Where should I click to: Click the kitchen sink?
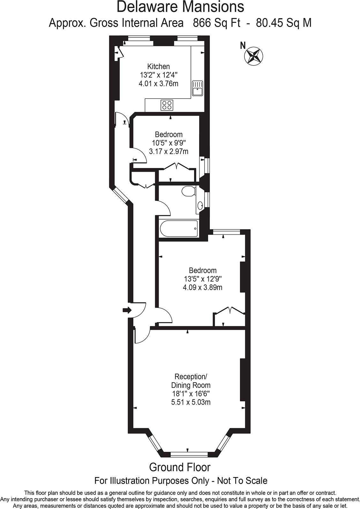[198, 88]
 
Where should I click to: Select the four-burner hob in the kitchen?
[167, 105]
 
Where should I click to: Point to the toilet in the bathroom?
[189, 191]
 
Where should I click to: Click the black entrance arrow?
[127, 310]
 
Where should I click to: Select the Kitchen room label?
[158, 66]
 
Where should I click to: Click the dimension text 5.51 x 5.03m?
[191, 402]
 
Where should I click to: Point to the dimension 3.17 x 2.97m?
[169, 151]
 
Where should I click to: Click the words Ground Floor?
[180, 467]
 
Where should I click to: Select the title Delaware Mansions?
[180, 7]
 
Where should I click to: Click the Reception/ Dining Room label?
[191, 381]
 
